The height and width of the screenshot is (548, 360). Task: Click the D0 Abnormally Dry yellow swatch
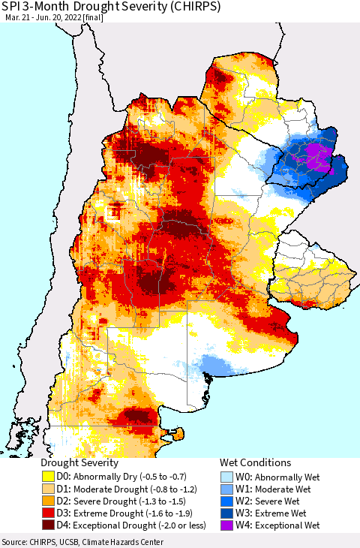[x=49, y=476]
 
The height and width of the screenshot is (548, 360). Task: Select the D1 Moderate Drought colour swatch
[x=49, y=489]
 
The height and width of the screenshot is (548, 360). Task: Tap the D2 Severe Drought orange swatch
[x=49, y=501]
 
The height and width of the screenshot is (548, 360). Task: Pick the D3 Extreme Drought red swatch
[x=49, y=513]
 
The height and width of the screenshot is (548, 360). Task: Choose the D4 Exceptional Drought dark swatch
[x=49, y=525]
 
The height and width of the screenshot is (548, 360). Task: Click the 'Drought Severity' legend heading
[x=79, y=462]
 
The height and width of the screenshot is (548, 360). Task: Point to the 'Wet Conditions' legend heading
[x=255, y=462]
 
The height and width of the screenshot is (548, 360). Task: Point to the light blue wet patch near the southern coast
[x=222, y=366]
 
